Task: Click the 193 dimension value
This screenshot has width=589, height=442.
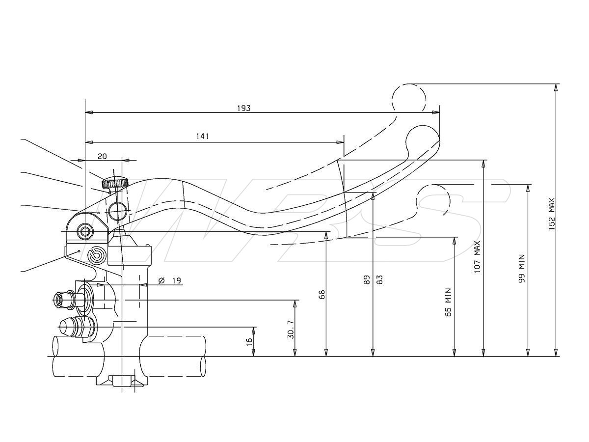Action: (x=244, y=108)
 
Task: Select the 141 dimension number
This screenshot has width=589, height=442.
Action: (x=202, y=137)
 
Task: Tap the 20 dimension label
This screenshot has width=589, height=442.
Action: (x=102, y=156)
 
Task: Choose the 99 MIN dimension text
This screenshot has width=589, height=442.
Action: (x=522, y=268)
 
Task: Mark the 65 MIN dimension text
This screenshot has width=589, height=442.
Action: (x=448, y=302)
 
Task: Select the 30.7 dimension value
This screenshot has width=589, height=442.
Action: (x=291, y=330)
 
